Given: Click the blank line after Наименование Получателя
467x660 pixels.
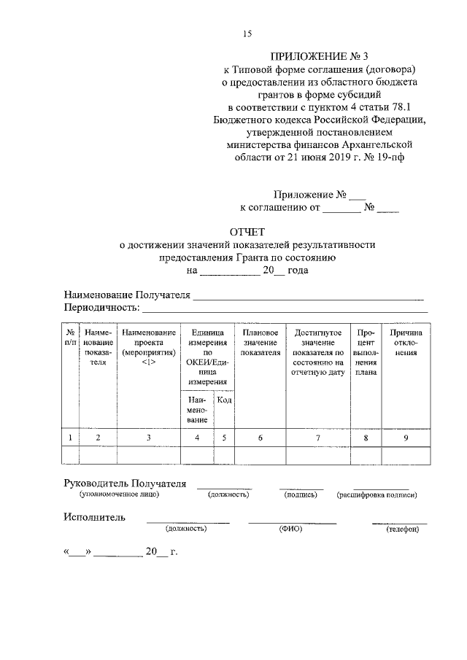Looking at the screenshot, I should [307, 297].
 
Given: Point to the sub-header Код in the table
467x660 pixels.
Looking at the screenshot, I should [225, 400].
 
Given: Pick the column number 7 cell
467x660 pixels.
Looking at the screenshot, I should [317, 438].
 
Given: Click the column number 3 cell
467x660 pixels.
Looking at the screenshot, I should [148, 438].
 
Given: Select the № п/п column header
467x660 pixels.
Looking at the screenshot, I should [70, 337].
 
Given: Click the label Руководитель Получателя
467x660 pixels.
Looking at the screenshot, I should [125, 484].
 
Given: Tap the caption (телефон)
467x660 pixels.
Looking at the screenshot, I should [402, 529].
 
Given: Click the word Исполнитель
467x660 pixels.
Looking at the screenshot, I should [94, 518].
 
